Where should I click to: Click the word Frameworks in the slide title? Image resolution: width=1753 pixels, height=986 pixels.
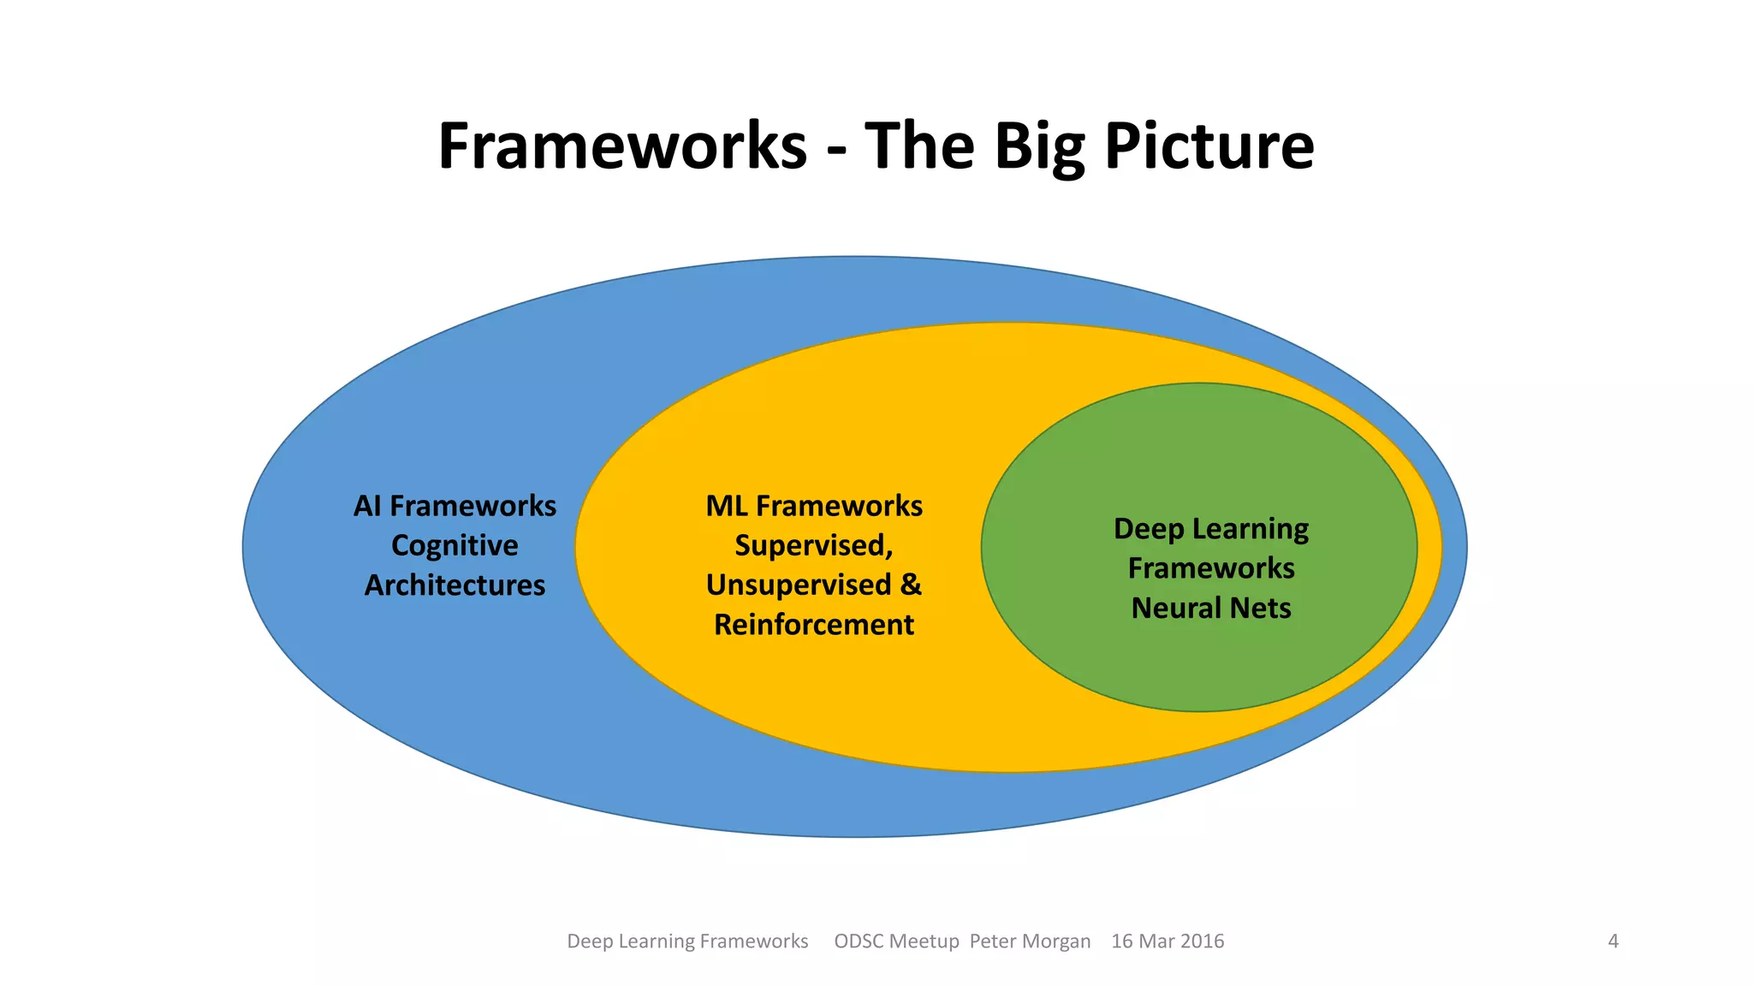622,146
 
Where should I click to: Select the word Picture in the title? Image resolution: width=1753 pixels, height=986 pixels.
1209,146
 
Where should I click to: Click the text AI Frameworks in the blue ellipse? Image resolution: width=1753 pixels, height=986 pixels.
455,506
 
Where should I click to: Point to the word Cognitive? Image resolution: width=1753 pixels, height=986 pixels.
455,545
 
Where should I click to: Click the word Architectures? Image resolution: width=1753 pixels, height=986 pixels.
455,585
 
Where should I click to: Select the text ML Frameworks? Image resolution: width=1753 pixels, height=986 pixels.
814,506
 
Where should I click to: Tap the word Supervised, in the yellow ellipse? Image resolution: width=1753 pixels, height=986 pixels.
814,545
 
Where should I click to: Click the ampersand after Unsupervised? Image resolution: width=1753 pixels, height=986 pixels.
911,585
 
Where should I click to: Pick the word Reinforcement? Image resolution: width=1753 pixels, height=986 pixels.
814,625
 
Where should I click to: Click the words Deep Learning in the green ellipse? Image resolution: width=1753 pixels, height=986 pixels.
1210,529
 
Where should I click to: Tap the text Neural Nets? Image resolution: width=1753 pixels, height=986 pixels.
1210,609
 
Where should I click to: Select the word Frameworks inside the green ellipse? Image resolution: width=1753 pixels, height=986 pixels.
1210,568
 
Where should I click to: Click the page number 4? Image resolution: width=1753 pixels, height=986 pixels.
1613,941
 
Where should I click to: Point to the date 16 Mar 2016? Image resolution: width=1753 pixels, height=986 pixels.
1167,941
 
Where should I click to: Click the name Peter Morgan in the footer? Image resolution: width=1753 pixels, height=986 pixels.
1030,941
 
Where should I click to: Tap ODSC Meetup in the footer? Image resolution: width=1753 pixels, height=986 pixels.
896,941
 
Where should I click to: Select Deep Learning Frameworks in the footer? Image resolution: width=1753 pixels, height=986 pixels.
687,941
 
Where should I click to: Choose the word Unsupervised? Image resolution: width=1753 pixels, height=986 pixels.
799,585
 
